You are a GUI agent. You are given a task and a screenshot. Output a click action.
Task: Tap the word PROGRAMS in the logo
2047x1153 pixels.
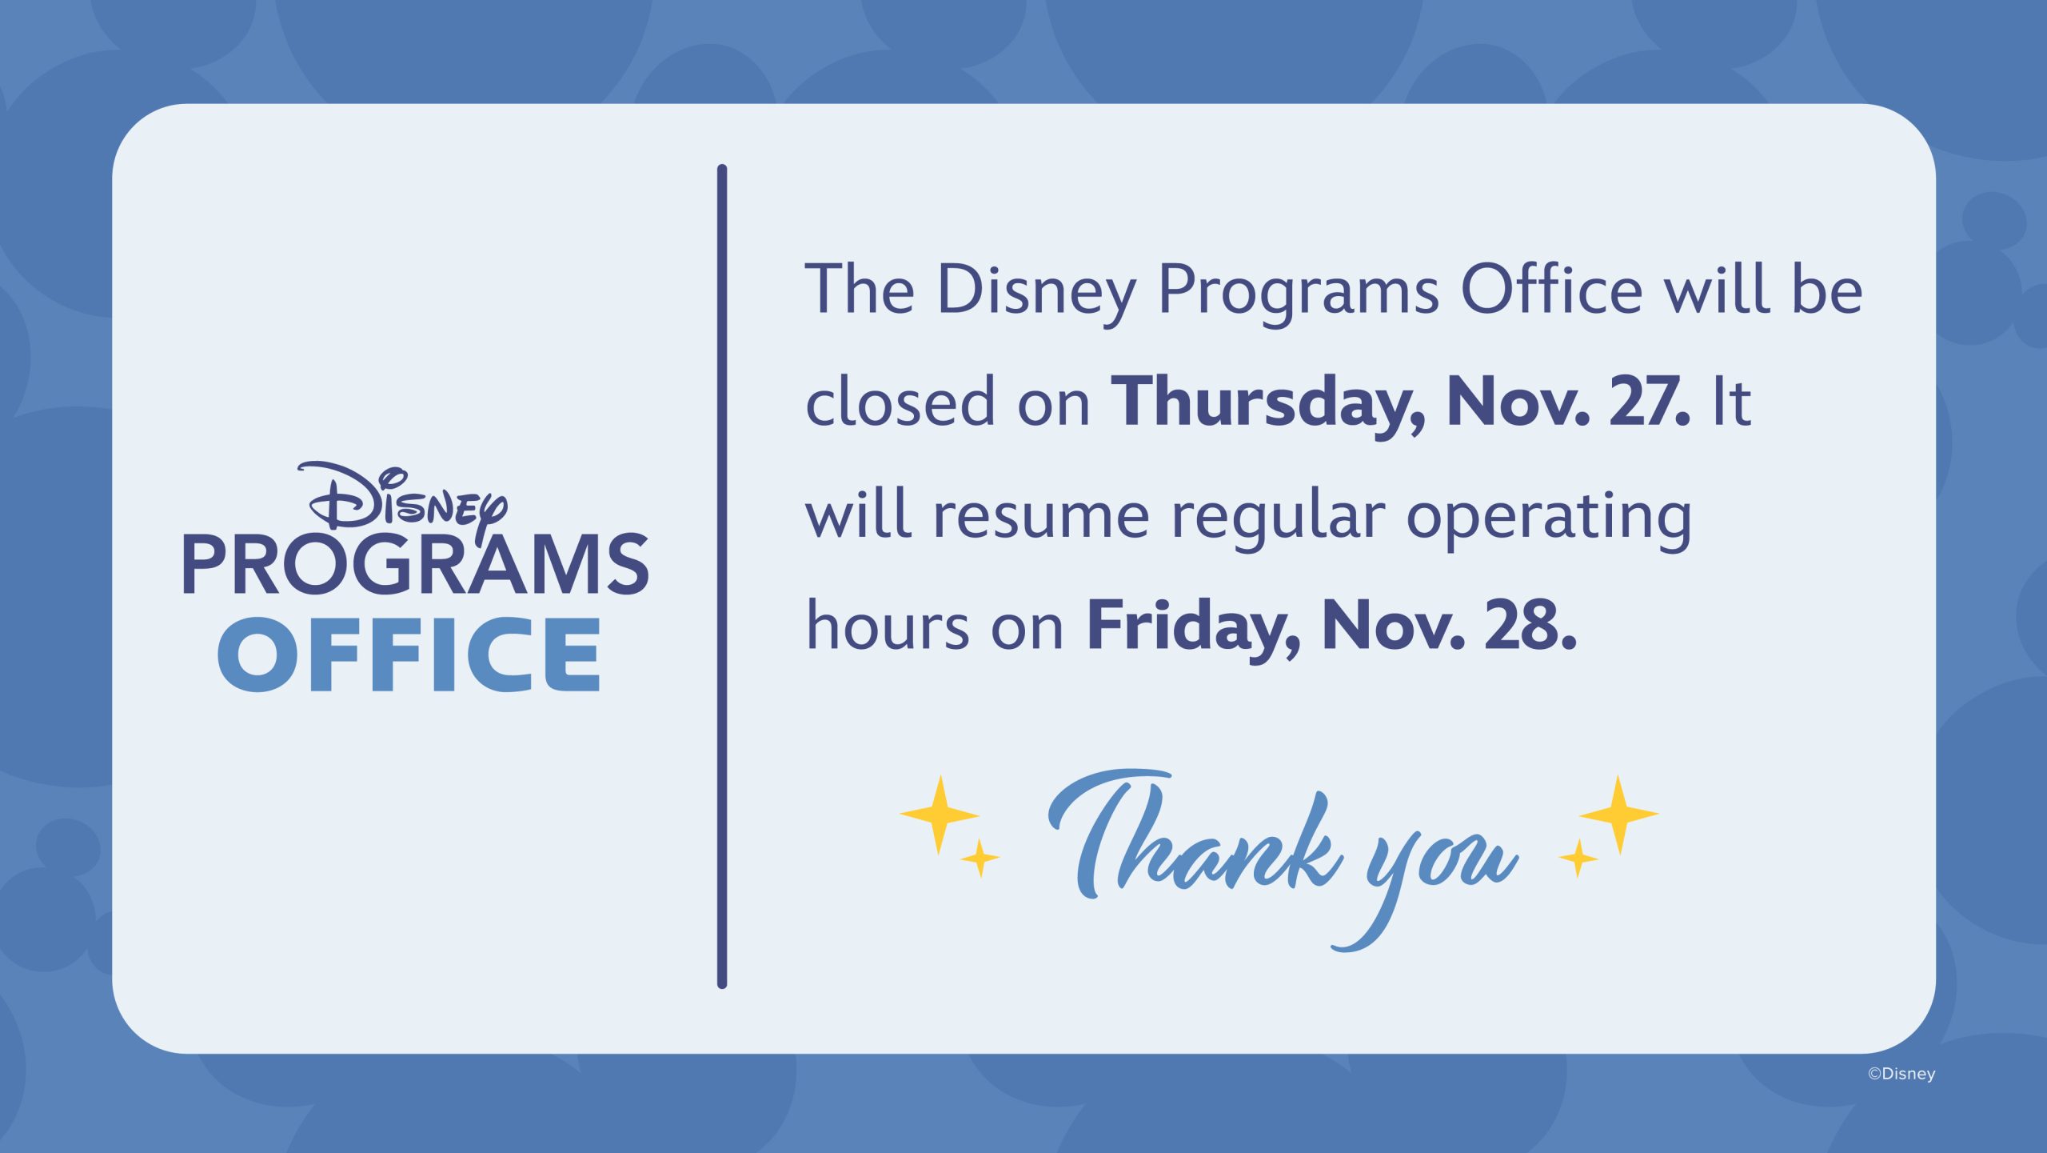pyautogui.click(x=416, y=564)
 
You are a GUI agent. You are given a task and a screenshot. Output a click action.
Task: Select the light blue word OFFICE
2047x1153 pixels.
pyautogui.click(x=409, y=655)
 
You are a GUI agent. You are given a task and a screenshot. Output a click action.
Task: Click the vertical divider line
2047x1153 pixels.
pyautogui.click(x=722, y=576)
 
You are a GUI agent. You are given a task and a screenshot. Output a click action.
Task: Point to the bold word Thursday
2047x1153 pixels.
pyautogui.click(x=1267, y=403)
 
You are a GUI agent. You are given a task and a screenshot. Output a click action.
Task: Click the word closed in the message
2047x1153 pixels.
pyautogui.click(x=900, y=402)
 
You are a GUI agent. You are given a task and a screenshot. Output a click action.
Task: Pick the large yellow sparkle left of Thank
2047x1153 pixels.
pyautogui.click(x=940, y=815)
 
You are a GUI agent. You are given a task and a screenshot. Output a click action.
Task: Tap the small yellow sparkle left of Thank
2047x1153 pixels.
pyautogui.click(x=980, y=859)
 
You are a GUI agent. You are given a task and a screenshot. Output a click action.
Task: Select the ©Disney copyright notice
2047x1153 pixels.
pyautogui.click(x=1901, y=1074)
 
